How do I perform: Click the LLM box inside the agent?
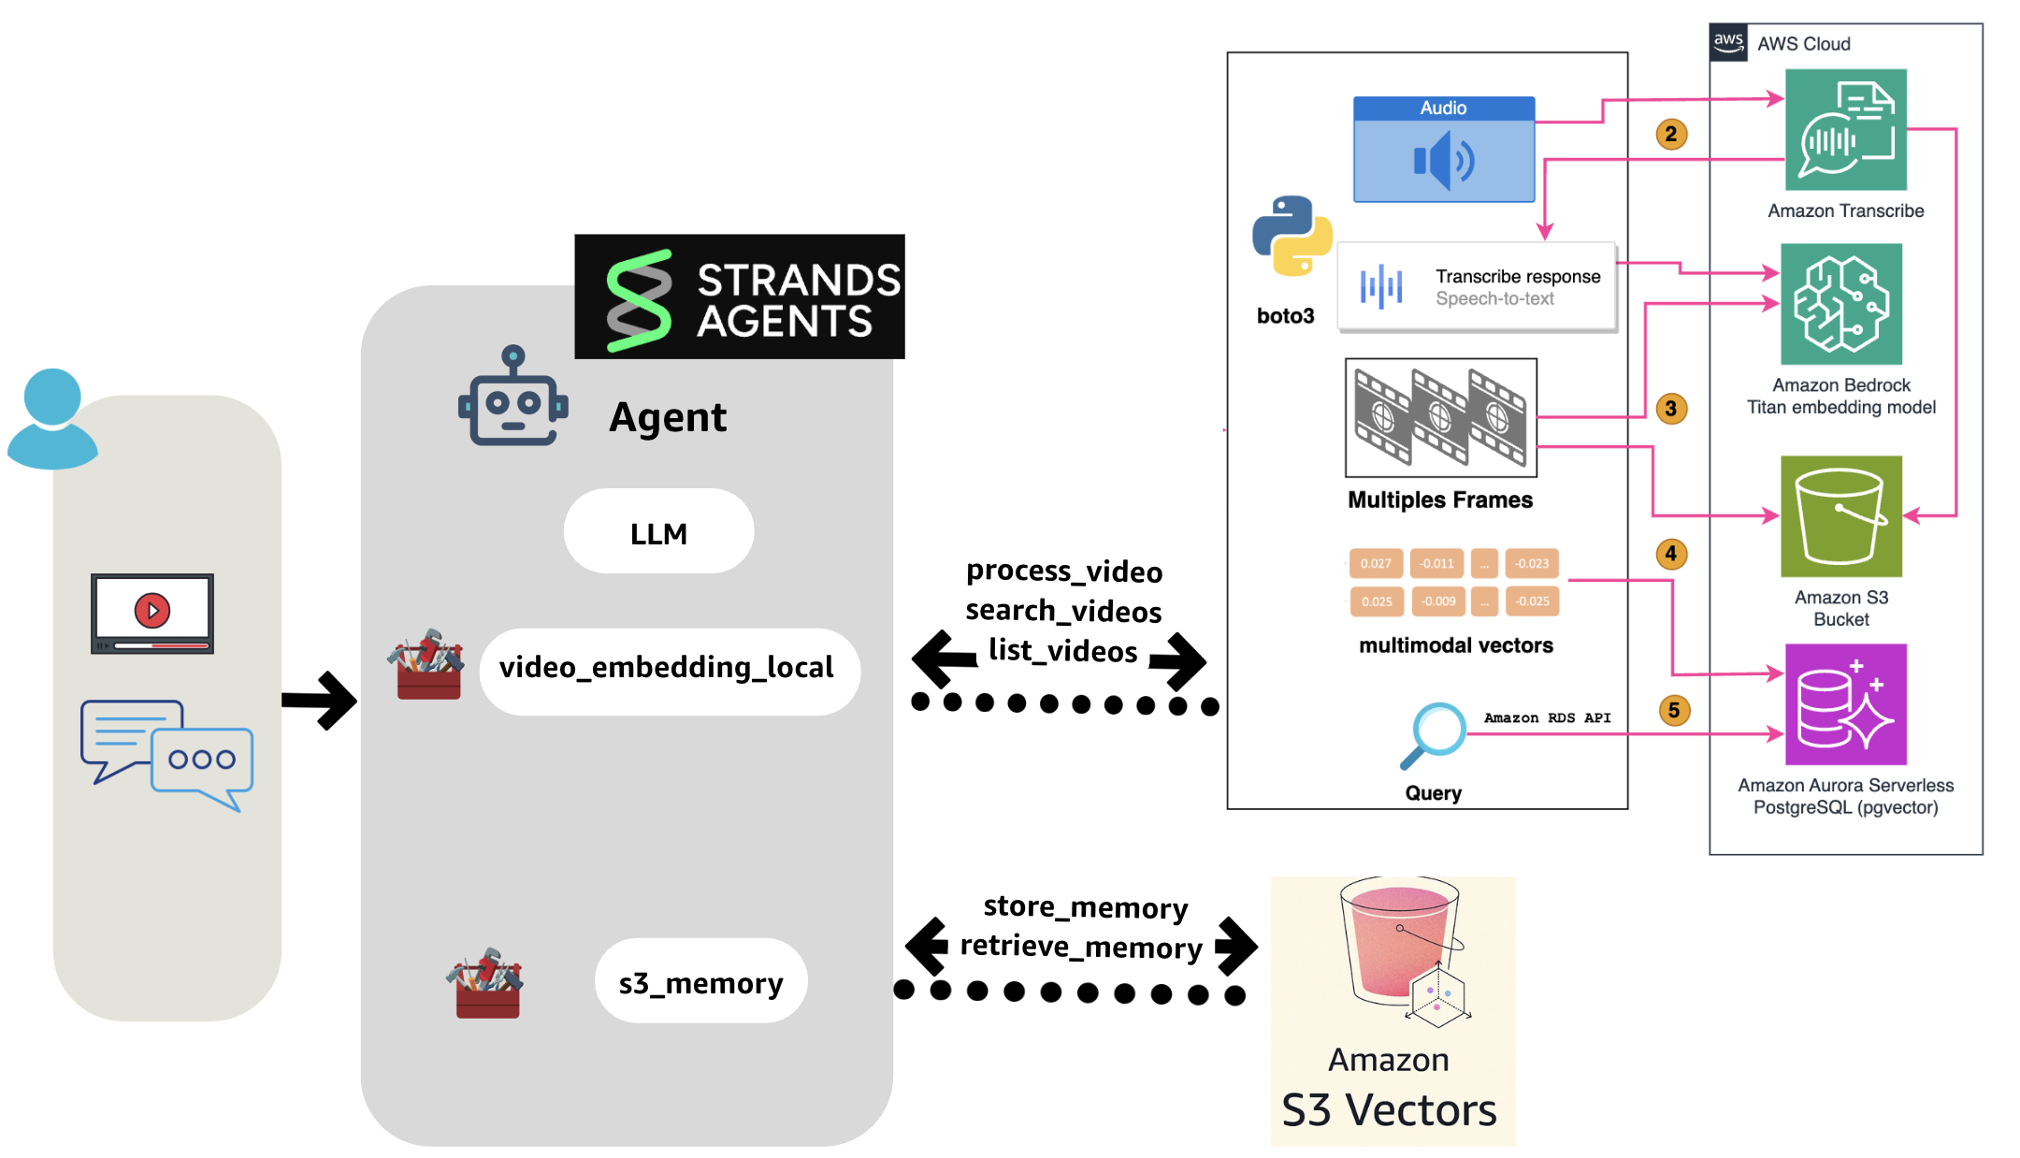point(658,531)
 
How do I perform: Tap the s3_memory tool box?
point(700,981)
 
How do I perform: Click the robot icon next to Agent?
point(512,397)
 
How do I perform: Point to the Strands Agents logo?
point(739,297)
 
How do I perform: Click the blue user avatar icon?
point(52,418)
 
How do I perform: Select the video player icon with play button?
point(152,613)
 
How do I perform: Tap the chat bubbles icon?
point(166,754)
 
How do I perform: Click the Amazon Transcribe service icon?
point(1845,130)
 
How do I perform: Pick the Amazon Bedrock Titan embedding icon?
point(1840,304)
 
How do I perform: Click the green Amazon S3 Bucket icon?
point(1840,516)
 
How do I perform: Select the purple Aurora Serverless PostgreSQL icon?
point(1845,704)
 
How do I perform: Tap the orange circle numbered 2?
point(1671,134)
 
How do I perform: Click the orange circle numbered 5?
point(1674,710)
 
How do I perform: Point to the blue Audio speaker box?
point(1444,150)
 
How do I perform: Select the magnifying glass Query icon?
point(1433,734)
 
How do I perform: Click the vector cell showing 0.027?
point(1376,563)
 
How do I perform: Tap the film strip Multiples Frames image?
point(1440,417)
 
